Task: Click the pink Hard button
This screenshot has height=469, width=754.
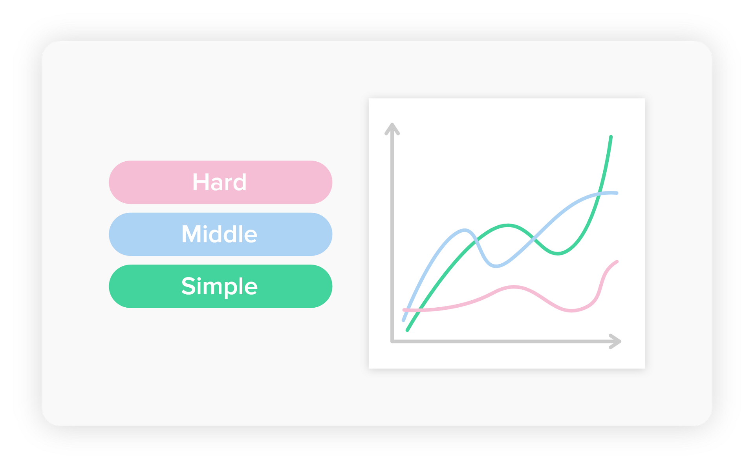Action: (x=220, y=182)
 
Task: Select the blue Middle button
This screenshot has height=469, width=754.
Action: (x=220, y=234)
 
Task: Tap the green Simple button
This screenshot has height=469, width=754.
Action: (x=220, y=286)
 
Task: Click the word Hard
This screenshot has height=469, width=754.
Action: (x=219, y=182)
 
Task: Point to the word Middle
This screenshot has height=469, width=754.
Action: (x=219, y=234)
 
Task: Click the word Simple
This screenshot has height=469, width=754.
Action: (x=219, y=287)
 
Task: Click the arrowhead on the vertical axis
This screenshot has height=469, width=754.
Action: (x=392, y=128)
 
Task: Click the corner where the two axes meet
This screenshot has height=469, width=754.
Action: (x=392, y=341)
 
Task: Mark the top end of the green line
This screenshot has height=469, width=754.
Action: (x=611, y=137)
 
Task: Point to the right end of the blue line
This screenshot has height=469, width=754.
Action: (x=617, y=193)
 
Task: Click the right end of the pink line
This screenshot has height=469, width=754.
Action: (x=617, y=262)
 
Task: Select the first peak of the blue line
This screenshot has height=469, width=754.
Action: (x=465, y=230)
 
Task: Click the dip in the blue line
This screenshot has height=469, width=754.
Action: (x=496, y=266)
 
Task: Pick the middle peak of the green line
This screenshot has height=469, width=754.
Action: (x=508, y=225)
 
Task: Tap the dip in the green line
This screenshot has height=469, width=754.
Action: (x=558, y=254)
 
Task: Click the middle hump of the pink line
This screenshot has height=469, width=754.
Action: (x=514, y=288)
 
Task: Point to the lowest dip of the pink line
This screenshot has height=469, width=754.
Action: (x=572, y=311)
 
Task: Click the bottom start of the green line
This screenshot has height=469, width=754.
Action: (x=407, y=330)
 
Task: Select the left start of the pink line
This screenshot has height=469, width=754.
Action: (x=404, y=310)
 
